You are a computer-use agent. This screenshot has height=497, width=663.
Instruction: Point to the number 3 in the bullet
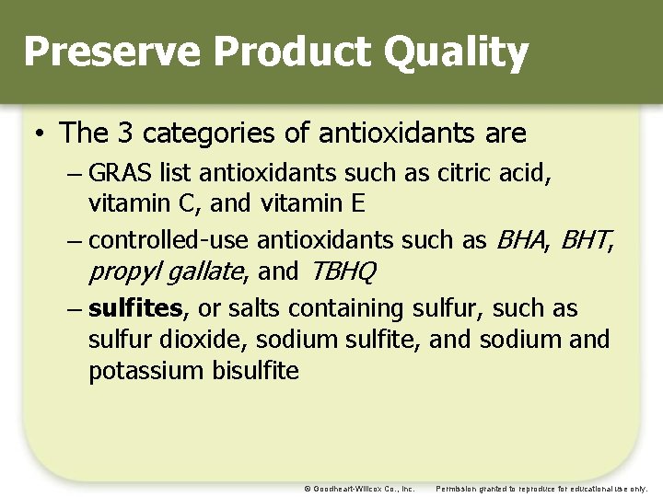coord(125,133)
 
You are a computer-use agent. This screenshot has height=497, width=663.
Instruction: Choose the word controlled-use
coord(169,240)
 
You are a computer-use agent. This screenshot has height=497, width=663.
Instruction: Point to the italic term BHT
coord(586,240)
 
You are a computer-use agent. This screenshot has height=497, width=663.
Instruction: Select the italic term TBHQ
coord(343,272)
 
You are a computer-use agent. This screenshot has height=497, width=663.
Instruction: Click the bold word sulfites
coord(135,307)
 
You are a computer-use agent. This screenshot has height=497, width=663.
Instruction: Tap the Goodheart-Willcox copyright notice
coord(360,489)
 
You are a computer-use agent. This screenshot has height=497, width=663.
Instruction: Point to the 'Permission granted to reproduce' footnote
coord(541,489)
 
